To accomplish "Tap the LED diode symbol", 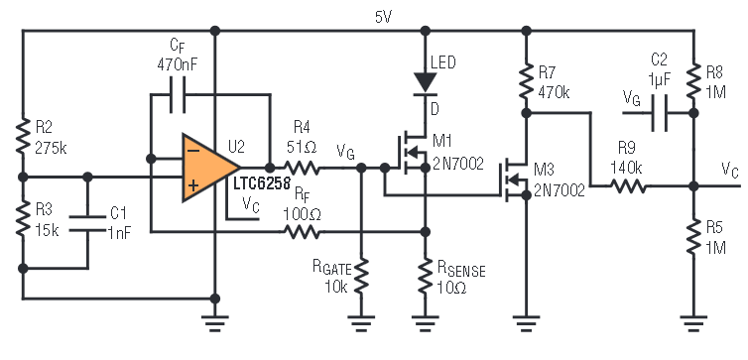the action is point(425,83).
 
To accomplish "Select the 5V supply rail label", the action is point(384,18).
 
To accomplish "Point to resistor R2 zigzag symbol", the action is point(23,137).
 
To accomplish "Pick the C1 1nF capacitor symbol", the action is point(87,223).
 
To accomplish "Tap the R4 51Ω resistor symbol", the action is point(302,168).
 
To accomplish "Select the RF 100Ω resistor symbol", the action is point(302,232).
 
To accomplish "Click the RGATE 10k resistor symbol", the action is point(361,276).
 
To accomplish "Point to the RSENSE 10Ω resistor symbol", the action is point(425,276).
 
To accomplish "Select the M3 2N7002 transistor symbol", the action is point(513,180).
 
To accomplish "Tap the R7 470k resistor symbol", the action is point(526,81).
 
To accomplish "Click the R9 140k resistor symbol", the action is point(628,186).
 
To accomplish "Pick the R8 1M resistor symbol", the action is point(694,81).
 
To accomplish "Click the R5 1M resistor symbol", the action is point(694,237).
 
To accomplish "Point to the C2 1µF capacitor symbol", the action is point(660,113).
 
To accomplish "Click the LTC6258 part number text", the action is point(262,184).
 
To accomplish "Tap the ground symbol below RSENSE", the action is point(425,322).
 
